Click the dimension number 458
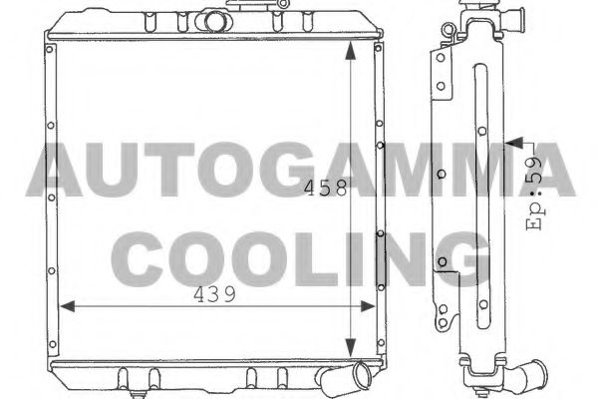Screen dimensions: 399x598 [x=326, y=188]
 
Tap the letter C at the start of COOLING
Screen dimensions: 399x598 [x=149, y=257]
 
